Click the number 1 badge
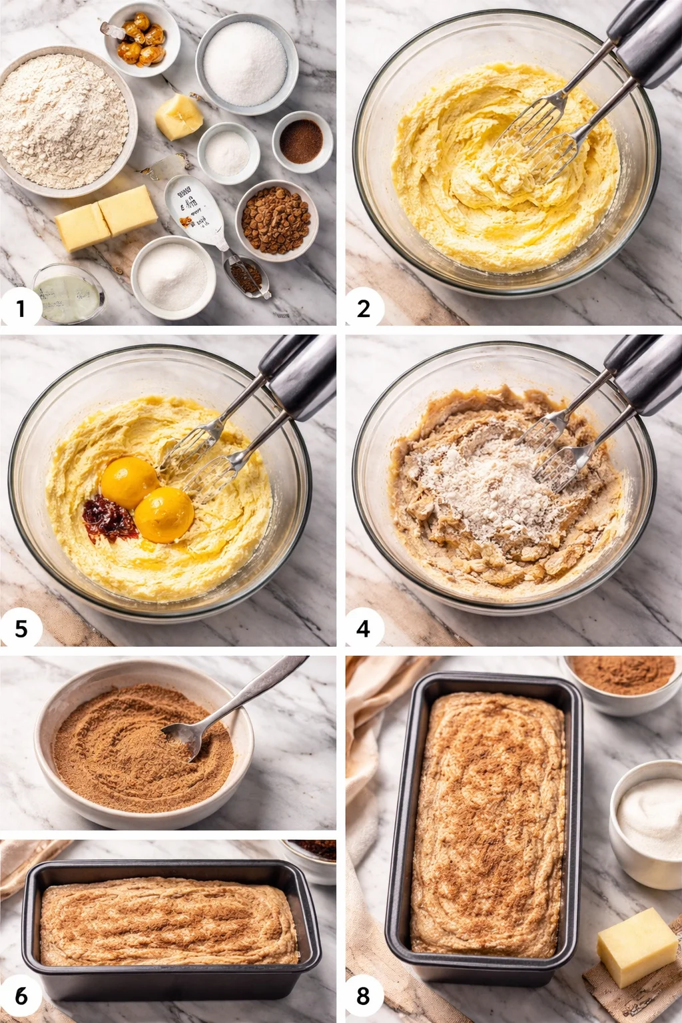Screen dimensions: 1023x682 click(x=21, y=308)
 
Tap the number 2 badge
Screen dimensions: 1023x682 click(x=363, y=308)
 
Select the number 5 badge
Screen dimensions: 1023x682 click(x=21, y=628)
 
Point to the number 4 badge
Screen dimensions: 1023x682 click(x=363, y=628)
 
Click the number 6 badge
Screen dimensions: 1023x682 click(x=21, y=996)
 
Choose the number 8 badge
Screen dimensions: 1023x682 click(x=363, y=996)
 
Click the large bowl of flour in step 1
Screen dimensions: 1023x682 click(x=63, y=120)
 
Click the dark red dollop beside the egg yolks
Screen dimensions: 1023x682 click(x=108, y=519)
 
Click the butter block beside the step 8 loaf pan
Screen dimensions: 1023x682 click(x=636, y=946)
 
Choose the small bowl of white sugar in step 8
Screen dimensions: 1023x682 click(x=647, y=823)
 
